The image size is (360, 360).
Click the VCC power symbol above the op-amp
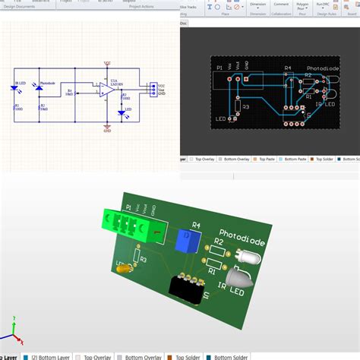click(x=106, y=65)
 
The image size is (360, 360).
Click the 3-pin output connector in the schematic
click(x=153, y=89)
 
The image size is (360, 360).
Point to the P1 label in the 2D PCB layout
click(x=220, y=67)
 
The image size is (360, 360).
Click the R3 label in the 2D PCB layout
click(x=245, y=107)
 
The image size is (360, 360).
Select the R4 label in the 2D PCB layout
click(x=288, y=68)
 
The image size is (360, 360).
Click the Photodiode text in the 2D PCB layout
click(x=323, y=68)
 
